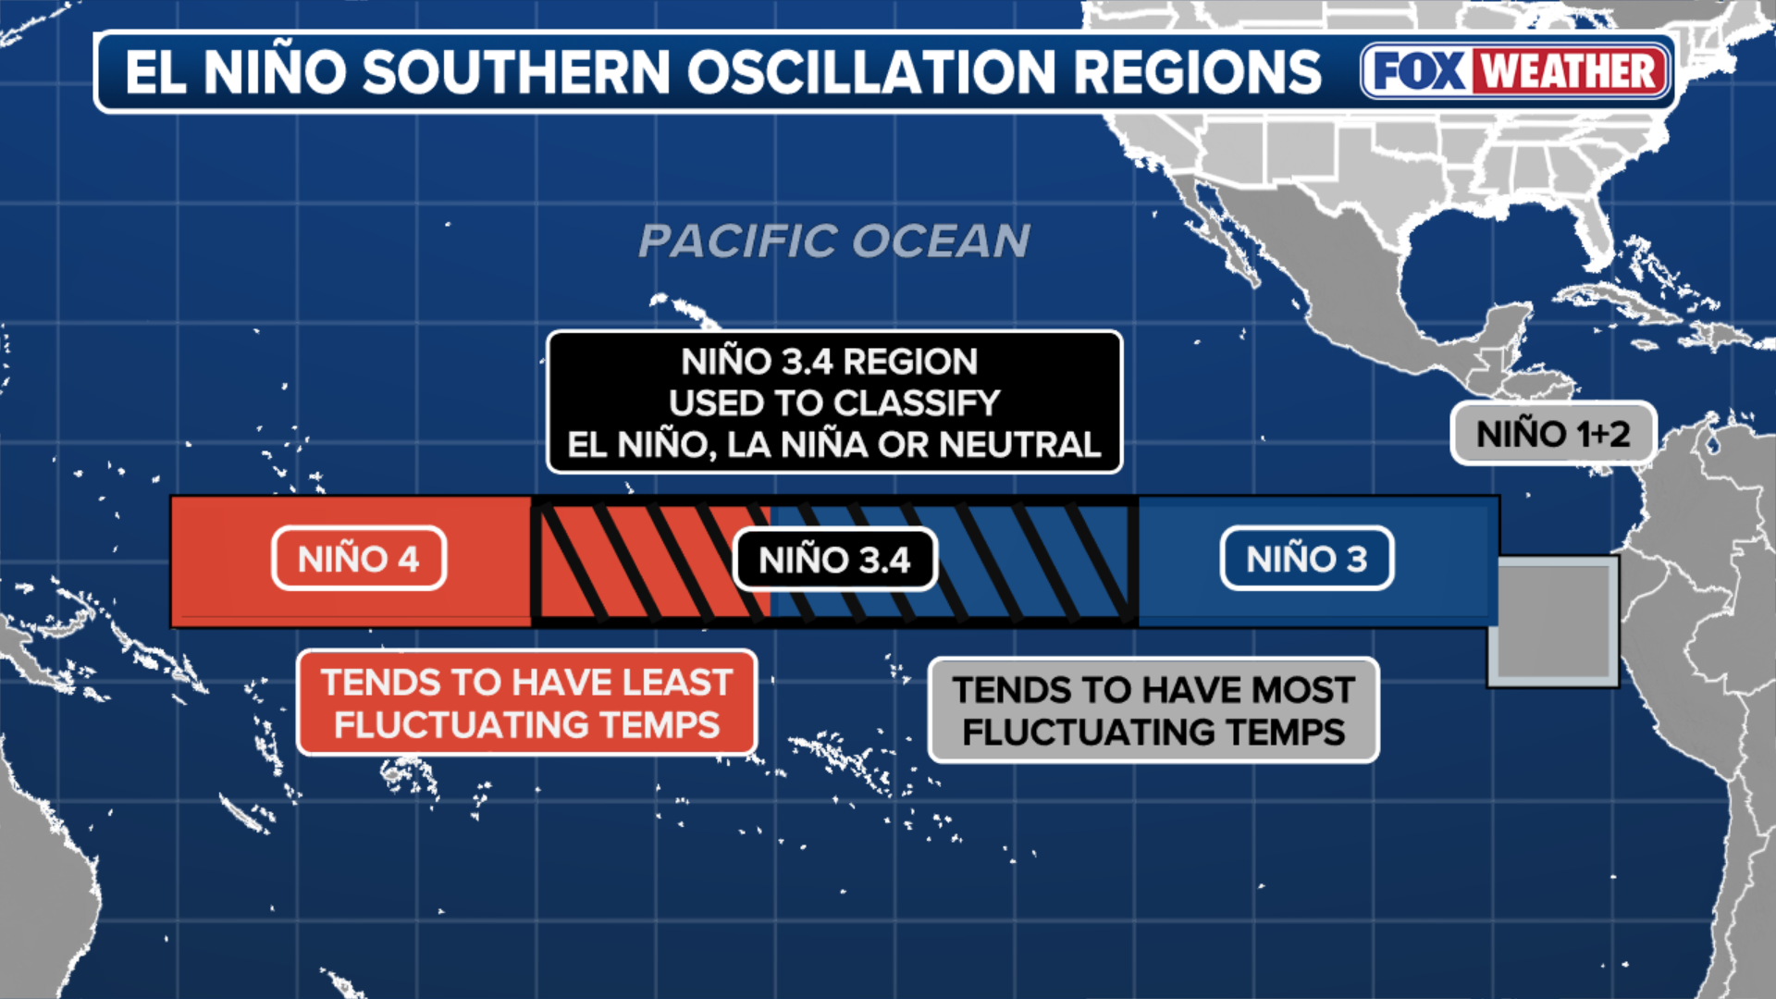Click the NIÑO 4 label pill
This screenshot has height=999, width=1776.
[359, 559]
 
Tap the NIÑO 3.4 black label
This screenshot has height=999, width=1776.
[835, 560]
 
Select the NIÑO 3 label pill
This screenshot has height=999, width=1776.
[1307, 559]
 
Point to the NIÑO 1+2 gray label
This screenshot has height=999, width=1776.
[1553, 434]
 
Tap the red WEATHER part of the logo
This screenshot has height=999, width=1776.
[1571, 71]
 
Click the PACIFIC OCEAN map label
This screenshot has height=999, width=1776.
[834, 241]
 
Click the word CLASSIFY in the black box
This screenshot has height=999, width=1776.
[917, 403]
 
